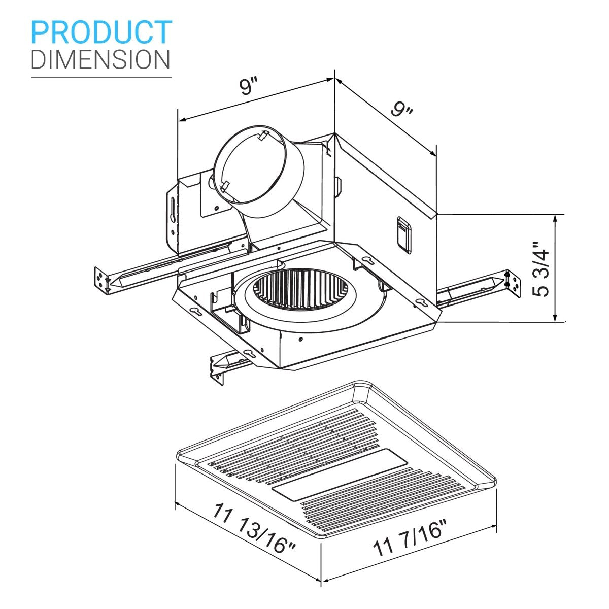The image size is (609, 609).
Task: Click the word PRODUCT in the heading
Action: pos(101,32)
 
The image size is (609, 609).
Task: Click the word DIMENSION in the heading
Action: pos(100,59)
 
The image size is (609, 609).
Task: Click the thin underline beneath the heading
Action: pos(101,77)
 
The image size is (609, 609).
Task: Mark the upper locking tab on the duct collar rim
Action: pos(263,136)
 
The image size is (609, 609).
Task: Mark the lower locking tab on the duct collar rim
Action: pos(225,186)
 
